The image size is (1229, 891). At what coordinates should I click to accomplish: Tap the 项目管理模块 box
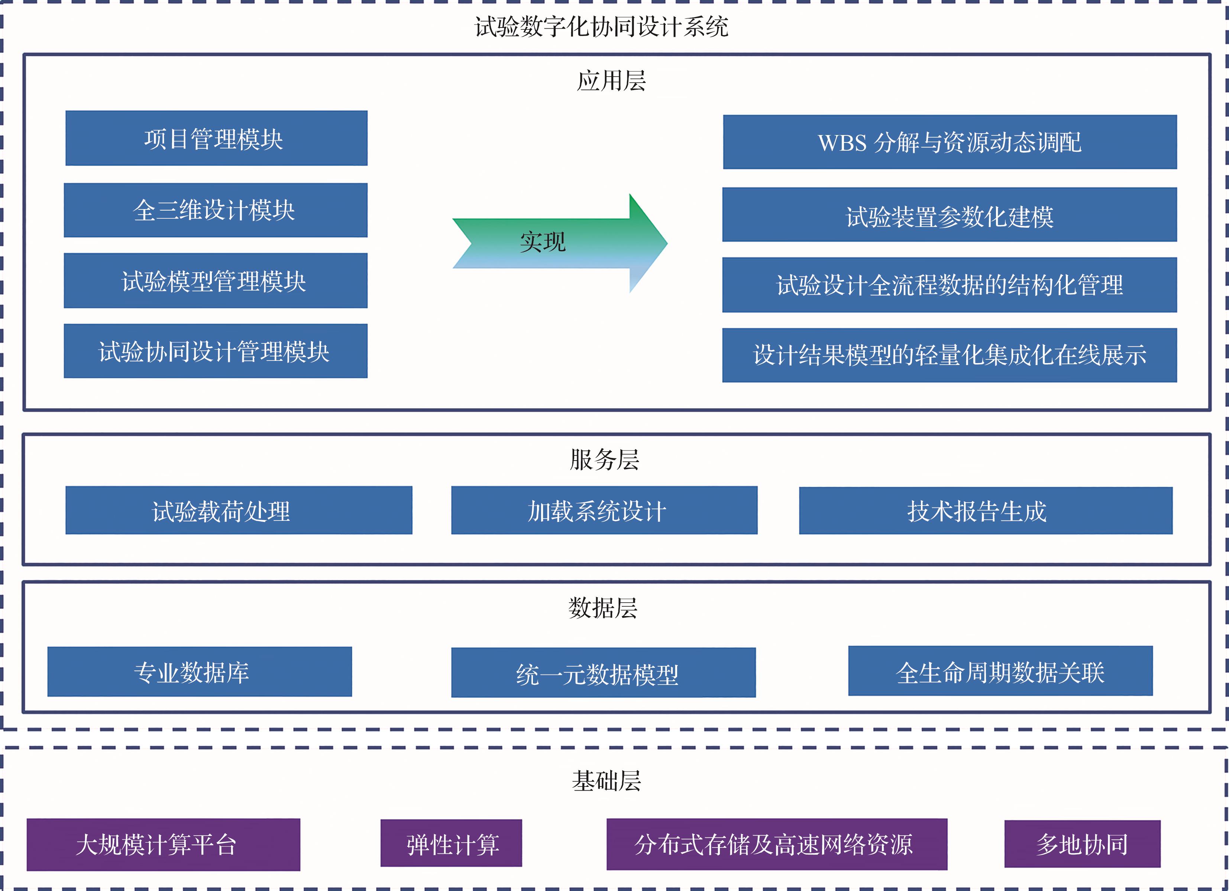pyautogui.click(x=216, y=138)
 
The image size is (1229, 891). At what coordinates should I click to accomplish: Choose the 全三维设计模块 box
pyautogui.click(x=216, y=210)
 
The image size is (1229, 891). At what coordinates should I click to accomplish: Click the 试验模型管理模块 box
pyautogui.click(x=216, y=281)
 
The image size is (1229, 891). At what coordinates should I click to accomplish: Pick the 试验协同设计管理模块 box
pyautogui.click(x=216, y=351)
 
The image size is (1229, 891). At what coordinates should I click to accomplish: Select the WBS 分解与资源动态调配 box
pyautogui.click(x=950, y=142)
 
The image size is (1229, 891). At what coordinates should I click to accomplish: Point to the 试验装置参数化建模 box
pyautogui.click(x=950, y=215)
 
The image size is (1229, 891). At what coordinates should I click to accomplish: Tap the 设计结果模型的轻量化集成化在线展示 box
pyautogui.click(x=950, y=355)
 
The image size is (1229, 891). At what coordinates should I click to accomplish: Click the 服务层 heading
pyautogui.click(x=604, y=460)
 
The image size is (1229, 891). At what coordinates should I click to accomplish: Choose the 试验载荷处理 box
pyautogui.click(x=239, y=510)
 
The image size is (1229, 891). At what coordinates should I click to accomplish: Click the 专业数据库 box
pyautogui.click(x=200, y=672)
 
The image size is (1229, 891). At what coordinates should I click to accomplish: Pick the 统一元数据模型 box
pyautogui.click(x=603, y=673)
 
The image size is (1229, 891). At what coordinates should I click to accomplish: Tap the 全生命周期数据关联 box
pyautogui.click(x=1000, y=671)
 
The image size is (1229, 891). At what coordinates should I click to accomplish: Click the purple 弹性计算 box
pyautogui.click(x=451, y=843)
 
